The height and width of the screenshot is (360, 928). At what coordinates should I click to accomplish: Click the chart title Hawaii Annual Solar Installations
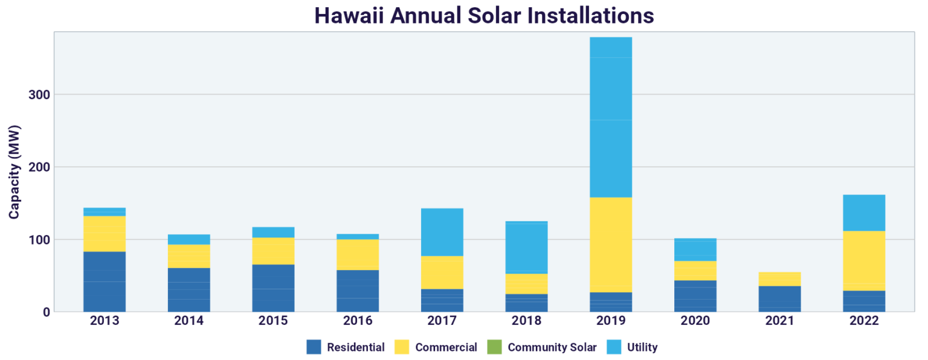[x=484, y=15]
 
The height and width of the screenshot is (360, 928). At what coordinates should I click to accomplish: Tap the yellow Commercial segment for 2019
[x=611, y=245]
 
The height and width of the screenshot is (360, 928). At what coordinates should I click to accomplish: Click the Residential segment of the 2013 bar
[x=105, y=281]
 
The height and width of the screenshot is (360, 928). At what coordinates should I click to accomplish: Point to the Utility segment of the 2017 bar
[x=442, y=232]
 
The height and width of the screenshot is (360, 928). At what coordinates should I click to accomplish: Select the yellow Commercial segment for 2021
[x=779, y=279]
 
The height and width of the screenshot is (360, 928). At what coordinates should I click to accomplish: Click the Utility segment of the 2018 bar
[x=526, y=248]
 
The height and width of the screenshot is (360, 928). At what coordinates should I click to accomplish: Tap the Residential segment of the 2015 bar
[x=273, y=288]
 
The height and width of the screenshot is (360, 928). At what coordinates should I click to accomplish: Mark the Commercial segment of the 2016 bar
[x=358, y=255]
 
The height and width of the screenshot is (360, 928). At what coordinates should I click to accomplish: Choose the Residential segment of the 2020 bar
[x=695, y=296]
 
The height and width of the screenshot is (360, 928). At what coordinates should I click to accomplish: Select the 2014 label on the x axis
[x=189, y=321]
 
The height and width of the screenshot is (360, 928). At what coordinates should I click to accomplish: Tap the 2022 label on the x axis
[x=864, y=321]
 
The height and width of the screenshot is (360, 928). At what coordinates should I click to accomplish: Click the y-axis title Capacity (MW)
[x=14, y=172]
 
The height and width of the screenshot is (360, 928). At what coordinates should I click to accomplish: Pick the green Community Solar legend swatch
[x=495, y=347]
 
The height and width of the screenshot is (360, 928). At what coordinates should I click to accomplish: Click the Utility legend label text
[x=642, y=347]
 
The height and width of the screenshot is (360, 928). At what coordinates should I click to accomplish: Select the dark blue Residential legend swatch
[x=314, y=347]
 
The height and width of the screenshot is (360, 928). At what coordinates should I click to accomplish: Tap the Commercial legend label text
[x=446, y=347]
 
